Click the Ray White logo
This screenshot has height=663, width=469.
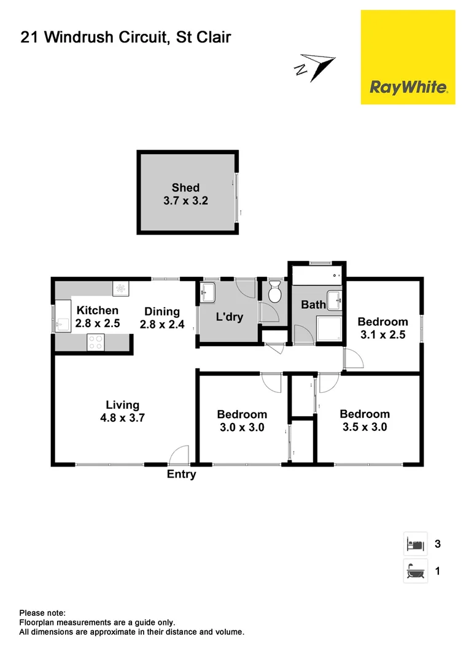click(x=408, y=57)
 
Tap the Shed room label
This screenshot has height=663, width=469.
click(x=185, y=194)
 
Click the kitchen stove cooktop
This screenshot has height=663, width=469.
click(x=95, y=342)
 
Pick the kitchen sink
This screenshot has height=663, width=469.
click(x=63, y=324)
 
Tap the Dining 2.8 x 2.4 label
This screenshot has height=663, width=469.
click(x=162, y=317)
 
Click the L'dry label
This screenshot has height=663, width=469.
click(x=229, y=317)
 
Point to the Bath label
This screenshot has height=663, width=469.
click(x=313, y=304)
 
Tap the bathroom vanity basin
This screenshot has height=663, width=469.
click(x=335, y=300)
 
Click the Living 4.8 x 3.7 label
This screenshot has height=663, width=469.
click(x=123, y=411)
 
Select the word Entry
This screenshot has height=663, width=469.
click(x=182, y=474)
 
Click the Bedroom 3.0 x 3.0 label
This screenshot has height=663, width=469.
click(x=242, y=421)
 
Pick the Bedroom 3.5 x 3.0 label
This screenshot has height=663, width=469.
click(x=363, y=421)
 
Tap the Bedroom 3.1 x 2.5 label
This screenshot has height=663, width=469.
click(x=382, y=328)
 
